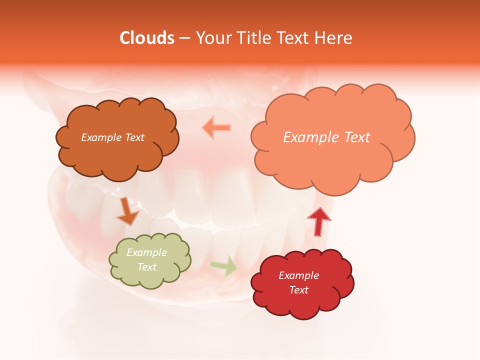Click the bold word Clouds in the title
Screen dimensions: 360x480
coord(147,38)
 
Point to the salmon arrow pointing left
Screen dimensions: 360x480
coord(217,128)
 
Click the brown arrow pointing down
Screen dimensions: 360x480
coord(127,211)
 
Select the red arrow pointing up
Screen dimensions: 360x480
coord(318,221)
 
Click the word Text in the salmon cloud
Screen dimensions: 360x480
coord(353,137)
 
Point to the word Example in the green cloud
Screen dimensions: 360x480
coord(146,253)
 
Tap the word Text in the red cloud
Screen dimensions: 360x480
coord(298,290)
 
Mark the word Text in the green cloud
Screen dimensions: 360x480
coord(146,267)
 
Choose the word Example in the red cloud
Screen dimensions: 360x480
coord(298,275)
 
